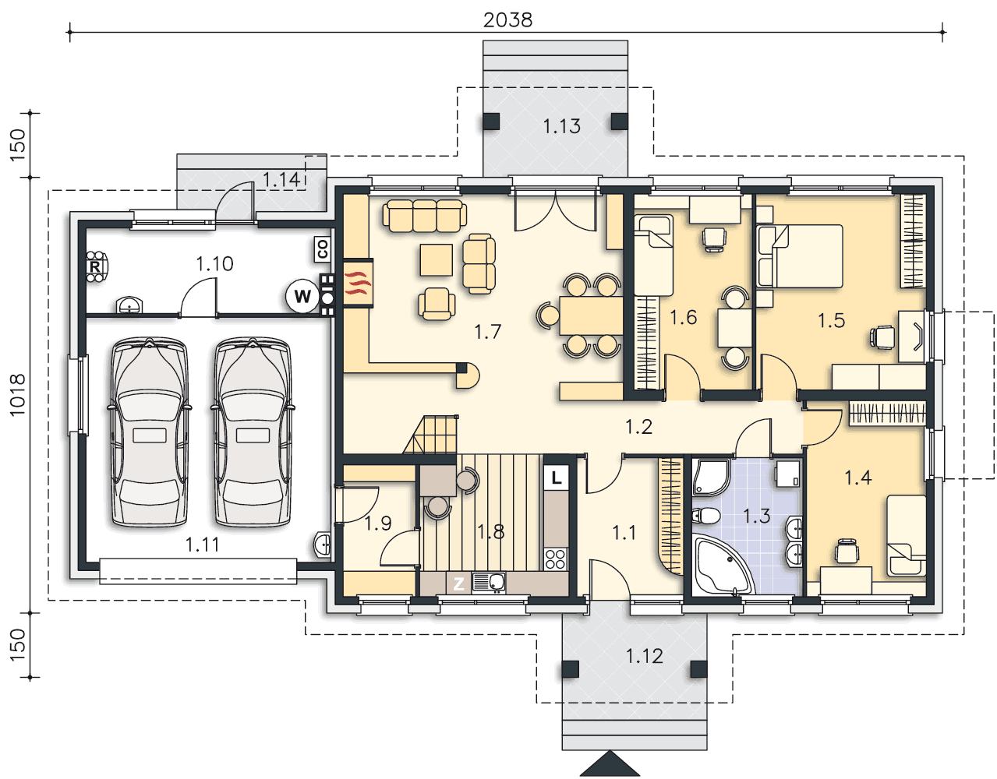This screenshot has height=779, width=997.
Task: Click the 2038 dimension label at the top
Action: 507,20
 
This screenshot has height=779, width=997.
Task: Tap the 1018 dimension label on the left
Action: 17,395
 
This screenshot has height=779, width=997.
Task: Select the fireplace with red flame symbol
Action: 358,284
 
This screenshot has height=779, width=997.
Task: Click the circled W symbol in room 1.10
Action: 302,296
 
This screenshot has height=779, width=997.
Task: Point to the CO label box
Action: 323,249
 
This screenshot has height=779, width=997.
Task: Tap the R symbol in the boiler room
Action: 94,266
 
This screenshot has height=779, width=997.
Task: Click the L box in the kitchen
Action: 556,478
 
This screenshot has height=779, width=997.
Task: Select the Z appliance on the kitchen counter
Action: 458,583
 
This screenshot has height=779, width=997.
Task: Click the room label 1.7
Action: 487,332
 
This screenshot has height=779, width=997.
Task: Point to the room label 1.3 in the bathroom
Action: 757,516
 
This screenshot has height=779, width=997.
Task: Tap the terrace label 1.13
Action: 561,126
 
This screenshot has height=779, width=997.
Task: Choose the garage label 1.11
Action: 203,545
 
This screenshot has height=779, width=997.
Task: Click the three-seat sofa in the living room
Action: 425,216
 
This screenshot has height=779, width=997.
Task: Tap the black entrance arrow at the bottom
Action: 610,763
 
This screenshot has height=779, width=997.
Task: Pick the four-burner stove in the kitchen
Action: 556,559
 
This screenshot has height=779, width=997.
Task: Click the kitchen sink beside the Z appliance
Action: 489,583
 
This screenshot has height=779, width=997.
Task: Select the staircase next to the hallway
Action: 431,435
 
